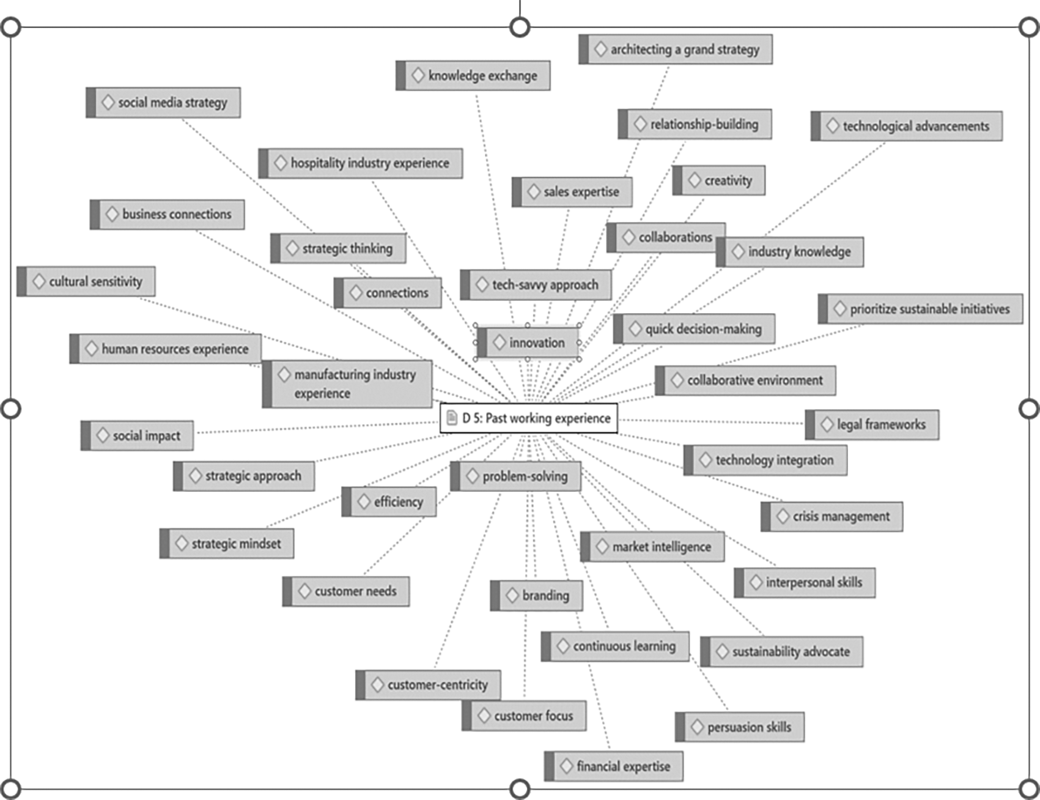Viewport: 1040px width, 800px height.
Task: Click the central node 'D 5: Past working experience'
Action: tap(529, 418)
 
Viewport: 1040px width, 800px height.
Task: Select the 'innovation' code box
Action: tap(529, 343)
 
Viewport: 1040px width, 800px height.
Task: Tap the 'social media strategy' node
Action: tap(163, 102)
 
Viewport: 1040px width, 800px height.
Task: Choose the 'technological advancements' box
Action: tap(907, 126)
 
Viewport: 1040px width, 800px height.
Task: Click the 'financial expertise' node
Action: tap(614, 766)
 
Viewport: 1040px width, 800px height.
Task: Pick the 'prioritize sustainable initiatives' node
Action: tap(921, 309)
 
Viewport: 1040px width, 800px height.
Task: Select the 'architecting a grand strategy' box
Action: tap(676, 50)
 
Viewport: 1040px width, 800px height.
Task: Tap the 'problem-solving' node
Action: tap(516, 476)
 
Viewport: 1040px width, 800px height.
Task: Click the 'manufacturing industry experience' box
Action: tap(347, 384)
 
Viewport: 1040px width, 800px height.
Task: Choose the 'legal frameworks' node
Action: tap(872, 424)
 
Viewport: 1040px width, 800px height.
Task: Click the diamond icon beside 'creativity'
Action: tap(695, 180)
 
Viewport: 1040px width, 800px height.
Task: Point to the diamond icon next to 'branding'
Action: tap(512, 595)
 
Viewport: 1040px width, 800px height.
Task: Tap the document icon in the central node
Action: tap(452, 418)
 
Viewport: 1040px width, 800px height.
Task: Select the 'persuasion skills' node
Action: tap(740, 727)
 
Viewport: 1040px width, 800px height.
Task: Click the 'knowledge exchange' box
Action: tap(473, 76)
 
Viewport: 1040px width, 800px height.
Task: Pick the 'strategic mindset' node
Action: tap(227, 543)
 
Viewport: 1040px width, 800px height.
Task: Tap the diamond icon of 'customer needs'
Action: tap(304, 591)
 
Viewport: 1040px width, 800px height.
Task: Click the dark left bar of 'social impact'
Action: tap(86, 435)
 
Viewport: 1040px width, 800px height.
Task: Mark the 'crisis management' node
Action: tap(832, 517)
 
